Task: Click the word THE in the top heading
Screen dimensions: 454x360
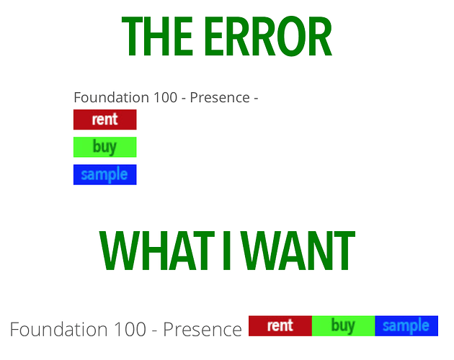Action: [x=157, y=36]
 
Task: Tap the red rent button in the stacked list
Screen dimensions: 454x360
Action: [x=104, y=120]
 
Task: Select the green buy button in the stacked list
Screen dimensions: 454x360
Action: [x=104, y=147]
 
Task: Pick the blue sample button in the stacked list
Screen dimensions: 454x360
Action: [x=104, y=174]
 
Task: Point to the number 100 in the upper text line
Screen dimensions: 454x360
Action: [x=165, y=97]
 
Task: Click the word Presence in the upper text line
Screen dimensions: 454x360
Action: [x=220, y=97]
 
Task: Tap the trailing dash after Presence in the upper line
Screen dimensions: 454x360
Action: [x=256, y=99]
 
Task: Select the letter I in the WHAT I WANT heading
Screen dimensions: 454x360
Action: [x=227, y=251]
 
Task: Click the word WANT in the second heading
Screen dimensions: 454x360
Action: [x=299, y=251]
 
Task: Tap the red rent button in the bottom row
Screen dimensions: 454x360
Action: [x=280, y=326]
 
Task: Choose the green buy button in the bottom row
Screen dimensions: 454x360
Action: [x=344, y=326]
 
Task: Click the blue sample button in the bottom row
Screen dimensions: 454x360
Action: [x=406, y=326]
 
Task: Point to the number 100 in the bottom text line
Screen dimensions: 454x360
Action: [x=130, y=329]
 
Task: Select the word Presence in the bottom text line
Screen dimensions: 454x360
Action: [x=202, y=329]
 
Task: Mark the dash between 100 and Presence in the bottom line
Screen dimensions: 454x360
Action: [x=155, y=331]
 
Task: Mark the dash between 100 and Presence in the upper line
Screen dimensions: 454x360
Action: [x=184, y=99]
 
